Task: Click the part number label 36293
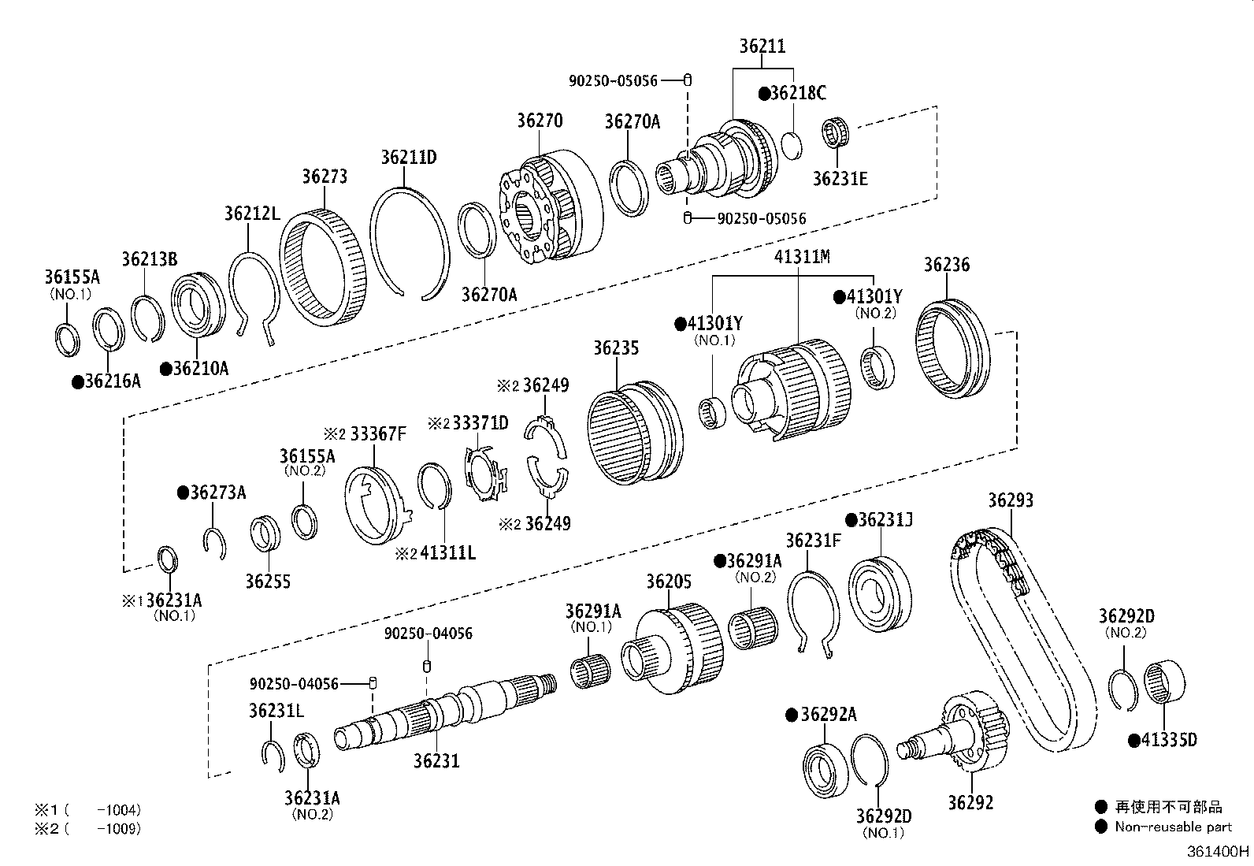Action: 1011,500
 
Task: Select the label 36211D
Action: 408,157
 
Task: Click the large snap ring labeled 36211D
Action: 409,241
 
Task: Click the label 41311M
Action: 802,257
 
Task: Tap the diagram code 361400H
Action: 1219,851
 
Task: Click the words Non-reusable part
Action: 1173,827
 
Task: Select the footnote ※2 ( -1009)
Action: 87,828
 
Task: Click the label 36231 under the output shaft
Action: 436,760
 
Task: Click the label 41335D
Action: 1168,740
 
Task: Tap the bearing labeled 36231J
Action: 880,594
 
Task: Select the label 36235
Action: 616,348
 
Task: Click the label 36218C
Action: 798,93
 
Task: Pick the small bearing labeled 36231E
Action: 839,133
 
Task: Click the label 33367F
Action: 378,433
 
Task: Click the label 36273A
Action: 217,492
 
